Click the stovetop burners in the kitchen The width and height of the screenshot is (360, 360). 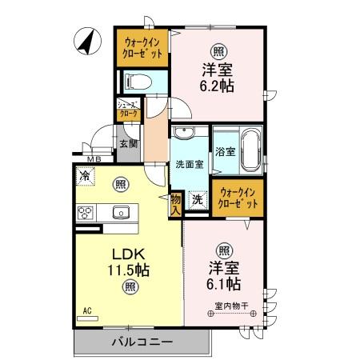click(86, 212)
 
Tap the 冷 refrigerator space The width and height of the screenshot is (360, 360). click(84, 176)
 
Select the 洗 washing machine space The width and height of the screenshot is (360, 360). click(197, 200)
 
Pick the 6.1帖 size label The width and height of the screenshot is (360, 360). click(225, 282)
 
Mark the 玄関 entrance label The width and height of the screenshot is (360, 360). click(128, 144)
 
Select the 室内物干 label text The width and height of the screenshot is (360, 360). click(232, 303)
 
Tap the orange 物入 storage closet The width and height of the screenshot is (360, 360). click(175, 206)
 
